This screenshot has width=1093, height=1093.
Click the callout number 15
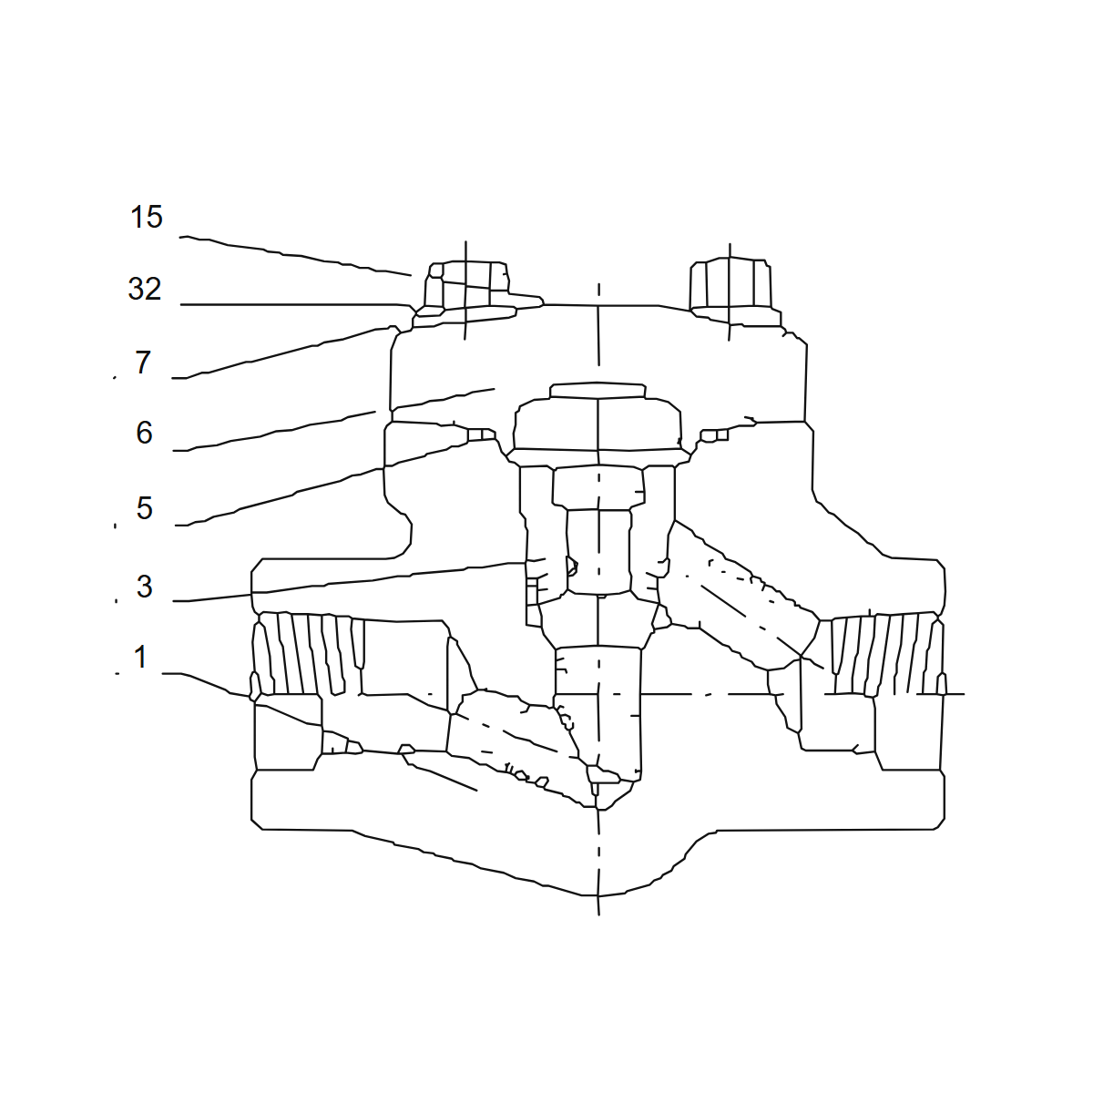click(147, 217)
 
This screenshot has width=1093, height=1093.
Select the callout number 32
click(145, 289)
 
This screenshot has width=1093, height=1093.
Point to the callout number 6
click(144, 433)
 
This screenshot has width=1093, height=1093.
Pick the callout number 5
click(144, 508)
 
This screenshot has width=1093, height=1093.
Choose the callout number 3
click(144, 587)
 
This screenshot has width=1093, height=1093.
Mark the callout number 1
click(140, 658)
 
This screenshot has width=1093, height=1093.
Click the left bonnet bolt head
click(467, 285)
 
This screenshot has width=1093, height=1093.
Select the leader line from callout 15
click(295, 255)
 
